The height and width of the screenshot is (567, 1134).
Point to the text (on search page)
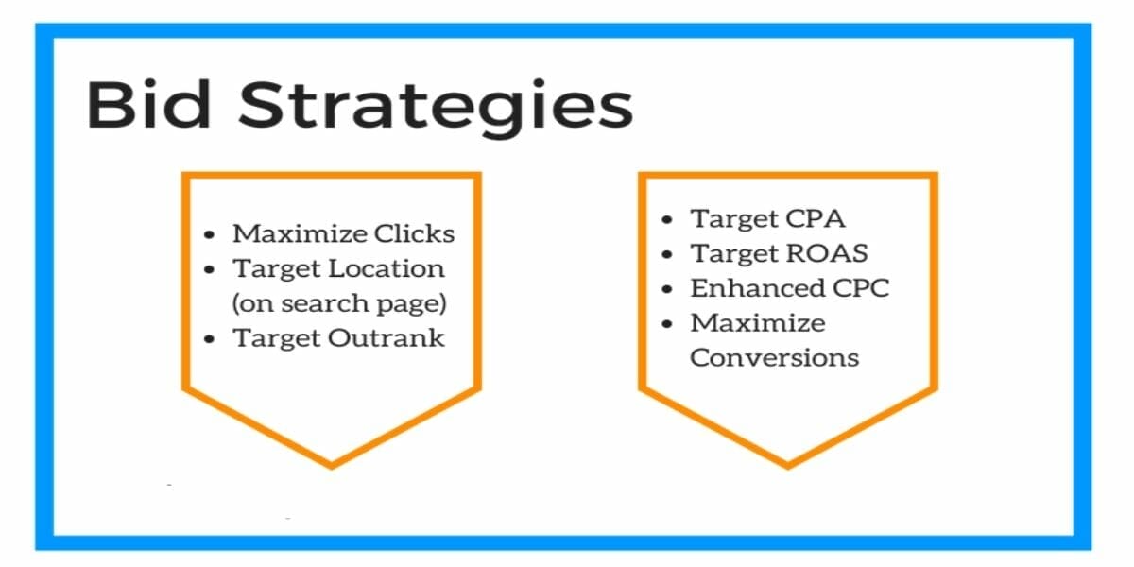coord(340,304)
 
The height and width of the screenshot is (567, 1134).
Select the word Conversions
coord(774,358)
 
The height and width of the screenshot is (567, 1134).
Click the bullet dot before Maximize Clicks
coord(211,234)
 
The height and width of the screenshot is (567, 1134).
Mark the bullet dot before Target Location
coord(211,269)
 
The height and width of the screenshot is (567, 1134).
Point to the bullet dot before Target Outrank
coord(211,339)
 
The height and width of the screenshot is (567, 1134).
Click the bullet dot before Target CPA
coord(668,220)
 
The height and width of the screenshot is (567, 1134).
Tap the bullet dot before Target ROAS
coord(668,254)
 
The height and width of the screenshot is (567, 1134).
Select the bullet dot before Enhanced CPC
coord(668,289)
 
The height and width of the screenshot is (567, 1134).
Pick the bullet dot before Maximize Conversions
coord(668,324)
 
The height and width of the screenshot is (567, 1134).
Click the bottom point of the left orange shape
coord(332,464)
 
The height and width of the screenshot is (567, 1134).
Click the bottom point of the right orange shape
coord(788,464)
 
